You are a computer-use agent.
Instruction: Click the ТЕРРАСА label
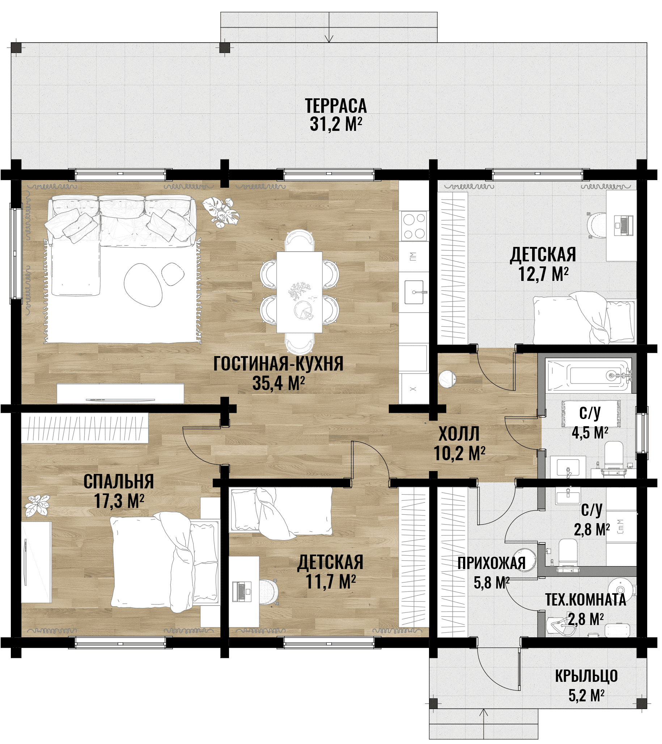(336, 106)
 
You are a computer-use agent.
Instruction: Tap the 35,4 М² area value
(279, 383)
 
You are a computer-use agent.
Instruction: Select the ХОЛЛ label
(459, 434)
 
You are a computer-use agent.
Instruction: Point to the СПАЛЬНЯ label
(119, 482)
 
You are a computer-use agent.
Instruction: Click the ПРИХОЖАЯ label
(492, 564)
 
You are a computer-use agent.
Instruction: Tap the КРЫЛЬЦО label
(586, 676)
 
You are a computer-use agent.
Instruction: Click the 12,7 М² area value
(543, 274)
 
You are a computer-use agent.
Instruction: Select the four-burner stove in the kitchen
(414, 226)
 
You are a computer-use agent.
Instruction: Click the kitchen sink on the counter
(414, 292)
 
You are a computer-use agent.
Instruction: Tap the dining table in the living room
(299, 292)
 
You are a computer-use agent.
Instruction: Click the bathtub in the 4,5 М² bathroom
(590, 376)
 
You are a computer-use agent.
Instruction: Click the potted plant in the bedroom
(37, 505)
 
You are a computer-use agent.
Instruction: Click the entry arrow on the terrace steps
(329, 27)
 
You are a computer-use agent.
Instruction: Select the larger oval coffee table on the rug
(143, 285)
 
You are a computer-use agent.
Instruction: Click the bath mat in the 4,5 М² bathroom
(591, 414)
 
